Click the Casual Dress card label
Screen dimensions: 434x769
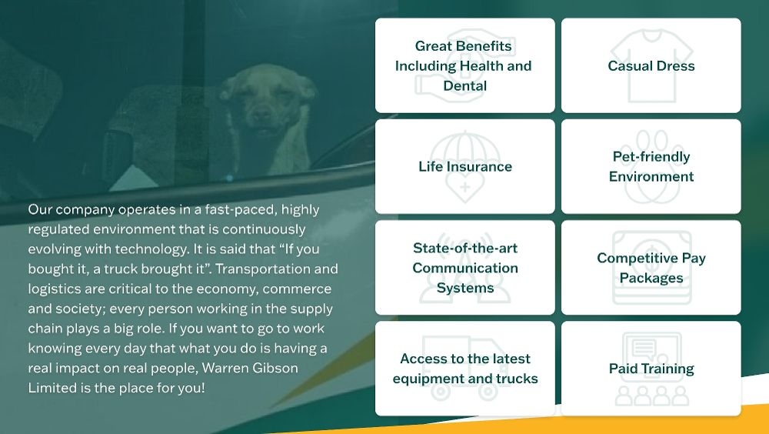(x=651, y=66)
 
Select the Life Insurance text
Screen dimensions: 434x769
(x=464, y=167)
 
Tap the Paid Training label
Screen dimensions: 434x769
(x=651, y=369)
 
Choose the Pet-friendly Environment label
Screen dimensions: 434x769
(x=651, y=166)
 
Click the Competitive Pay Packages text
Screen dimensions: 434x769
(x=651, y=268)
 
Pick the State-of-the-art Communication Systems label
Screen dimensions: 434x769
(x=464, y=268)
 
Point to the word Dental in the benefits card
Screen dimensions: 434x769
(x=464, y=86)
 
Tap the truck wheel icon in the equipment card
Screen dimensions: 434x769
(x=441, y=392)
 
